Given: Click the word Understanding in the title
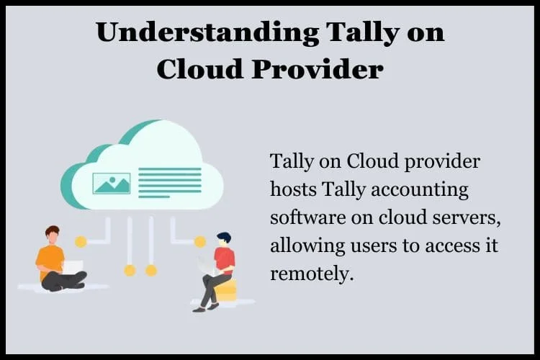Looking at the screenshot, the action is tap(207, 32).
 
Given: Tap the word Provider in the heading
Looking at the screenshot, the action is tap(318, 69).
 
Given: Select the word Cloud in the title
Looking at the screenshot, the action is tap(199, 69).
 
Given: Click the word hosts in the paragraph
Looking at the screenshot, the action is tap(293, 189).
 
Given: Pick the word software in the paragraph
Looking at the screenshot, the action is tap(307, 217).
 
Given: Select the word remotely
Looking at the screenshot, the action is tap(312, 274).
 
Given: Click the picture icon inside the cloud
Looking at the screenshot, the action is tap(112, 184).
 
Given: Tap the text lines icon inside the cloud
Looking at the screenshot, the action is tap(170, 183).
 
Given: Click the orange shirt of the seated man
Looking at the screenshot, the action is tap(49, 260).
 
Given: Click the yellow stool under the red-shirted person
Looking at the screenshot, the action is tap(225, 291).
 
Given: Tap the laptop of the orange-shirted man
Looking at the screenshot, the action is tap(73, 267).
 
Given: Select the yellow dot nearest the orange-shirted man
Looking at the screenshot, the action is tap(81, 242).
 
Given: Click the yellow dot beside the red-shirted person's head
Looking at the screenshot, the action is tap(200, 242).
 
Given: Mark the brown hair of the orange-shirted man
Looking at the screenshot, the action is tap(52, 230).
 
